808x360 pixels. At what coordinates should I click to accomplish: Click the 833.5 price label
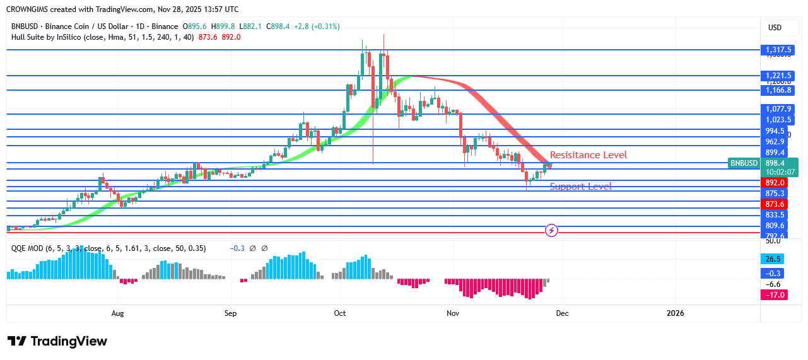pyautogui.click(x=775, y=214)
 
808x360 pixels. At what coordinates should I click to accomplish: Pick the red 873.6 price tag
pyautogui.click(x=775, y=204)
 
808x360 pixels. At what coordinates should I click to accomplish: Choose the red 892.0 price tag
pyautogui.click(x=775, y=183)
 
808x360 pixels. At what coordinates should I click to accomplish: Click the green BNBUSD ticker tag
pyautogui.click(x=744, y=163)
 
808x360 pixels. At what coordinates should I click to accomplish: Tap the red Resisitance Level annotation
pyautogui.click(x=588, y=155)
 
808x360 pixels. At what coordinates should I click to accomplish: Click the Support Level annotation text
pyautogui.click(x=581, y=187)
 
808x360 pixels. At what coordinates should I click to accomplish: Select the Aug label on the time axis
pyautogui.click(x=117, y=313)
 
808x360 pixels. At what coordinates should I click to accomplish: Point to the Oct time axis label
pyautogui.click(x=340, y=313)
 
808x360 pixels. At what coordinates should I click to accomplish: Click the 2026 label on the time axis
pyautogui.click(x=675, y=313)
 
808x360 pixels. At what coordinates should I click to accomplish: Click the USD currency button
pyautogui.click(x=775, y=28)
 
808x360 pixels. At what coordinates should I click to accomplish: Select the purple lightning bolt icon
pyautogui.click(x=552, y=230)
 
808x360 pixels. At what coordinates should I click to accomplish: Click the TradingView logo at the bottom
pyautogui.click(x=57, y=341)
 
